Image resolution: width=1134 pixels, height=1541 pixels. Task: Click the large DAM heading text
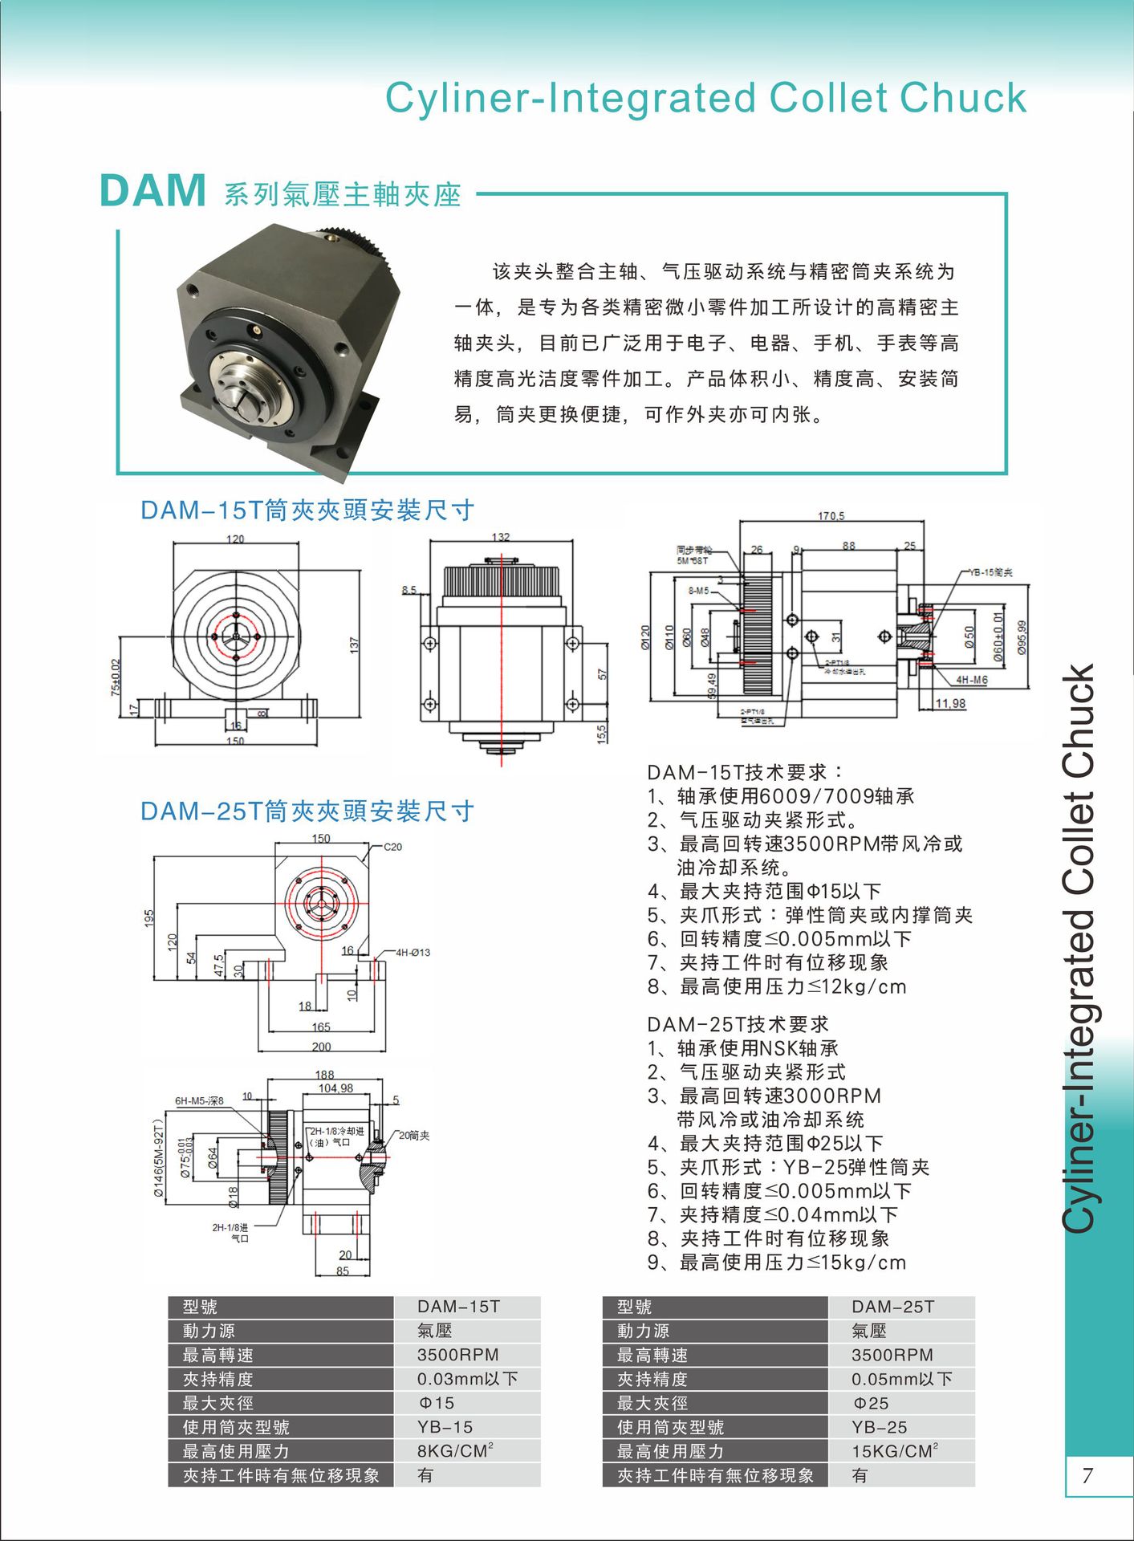(152, 192)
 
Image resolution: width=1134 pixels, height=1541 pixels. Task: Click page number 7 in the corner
(1087, 1475)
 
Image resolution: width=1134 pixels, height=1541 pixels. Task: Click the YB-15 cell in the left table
(445, 1427)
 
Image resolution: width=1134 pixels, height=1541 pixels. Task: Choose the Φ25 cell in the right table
(871, 1403)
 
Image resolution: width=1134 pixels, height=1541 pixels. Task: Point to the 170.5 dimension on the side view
(831, 516)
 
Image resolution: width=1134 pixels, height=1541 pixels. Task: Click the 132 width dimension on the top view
(501, 537)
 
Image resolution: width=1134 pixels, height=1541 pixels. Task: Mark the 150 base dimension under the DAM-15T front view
(235, 740)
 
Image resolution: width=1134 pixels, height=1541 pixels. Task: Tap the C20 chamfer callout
(392, 847)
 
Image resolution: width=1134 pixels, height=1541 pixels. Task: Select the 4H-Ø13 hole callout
(412, 953)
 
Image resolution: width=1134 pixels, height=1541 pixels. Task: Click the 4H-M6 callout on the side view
(971, 680)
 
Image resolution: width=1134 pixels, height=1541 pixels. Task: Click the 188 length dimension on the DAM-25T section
(324, 1074)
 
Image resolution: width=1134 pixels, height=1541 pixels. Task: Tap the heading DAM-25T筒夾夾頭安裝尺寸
(307, 811)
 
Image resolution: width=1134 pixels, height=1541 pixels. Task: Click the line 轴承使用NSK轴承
(758, 1048)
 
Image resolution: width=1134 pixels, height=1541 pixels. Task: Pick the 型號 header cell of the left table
(200, 1307)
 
